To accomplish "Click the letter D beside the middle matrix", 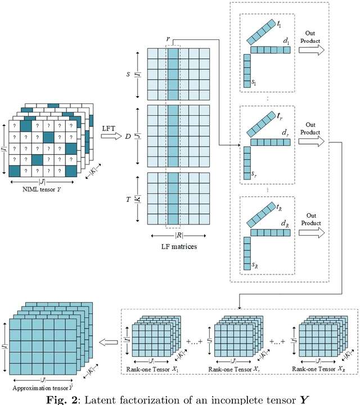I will pyautogui.click(x=128, y=137).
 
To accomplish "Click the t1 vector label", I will pyautogui.click(x=280, y=24).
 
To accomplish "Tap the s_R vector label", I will pyautogui.click(x=255, y=264).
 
